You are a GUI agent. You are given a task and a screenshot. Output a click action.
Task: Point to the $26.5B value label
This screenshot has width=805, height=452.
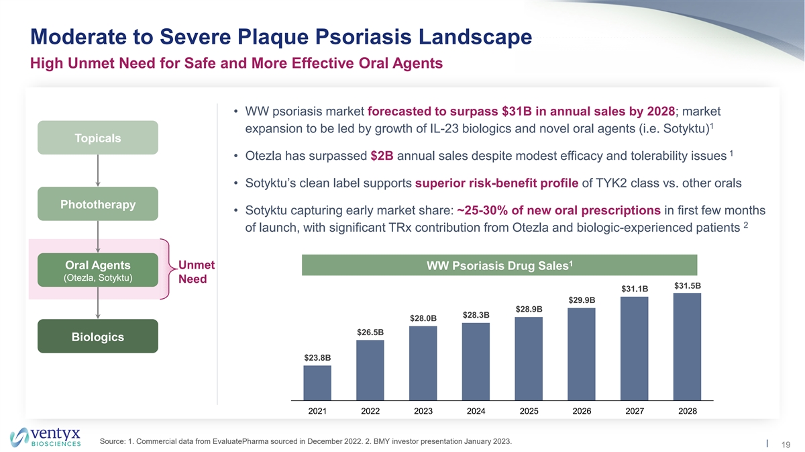click(x=370, y=332)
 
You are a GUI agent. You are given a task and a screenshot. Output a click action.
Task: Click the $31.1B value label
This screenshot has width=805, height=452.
click(x=635, y=289)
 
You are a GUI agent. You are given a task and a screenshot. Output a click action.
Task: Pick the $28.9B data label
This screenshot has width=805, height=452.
click(x=529, y=309)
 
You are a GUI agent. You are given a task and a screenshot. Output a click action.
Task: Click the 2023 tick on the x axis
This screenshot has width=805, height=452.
click(x=423, y=412)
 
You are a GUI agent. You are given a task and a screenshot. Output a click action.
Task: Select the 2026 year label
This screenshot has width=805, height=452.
click(x=582, y=412)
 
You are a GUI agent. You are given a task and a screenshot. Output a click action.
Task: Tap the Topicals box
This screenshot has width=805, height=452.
click(x=98, y=138)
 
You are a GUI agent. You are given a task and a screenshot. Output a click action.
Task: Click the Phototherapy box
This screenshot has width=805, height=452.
click(x=98, y=204)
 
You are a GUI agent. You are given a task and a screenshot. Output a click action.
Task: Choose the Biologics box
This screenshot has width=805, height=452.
click(x=98, y=336)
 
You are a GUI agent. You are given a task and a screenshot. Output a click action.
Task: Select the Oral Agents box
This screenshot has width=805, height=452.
click(x=98, y=270)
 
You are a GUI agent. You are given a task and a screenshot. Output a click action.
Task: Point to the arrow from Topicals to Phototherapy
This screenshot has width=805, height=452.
click(x=99, y=171)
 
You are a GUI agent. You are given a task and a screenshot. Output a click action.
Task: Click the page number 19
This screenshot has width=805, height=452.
click(x=788, y=443)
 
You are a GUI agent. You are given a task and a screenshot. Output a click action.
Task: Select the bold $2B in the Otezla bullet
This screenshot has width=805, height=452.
click(x=382, y=156)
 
